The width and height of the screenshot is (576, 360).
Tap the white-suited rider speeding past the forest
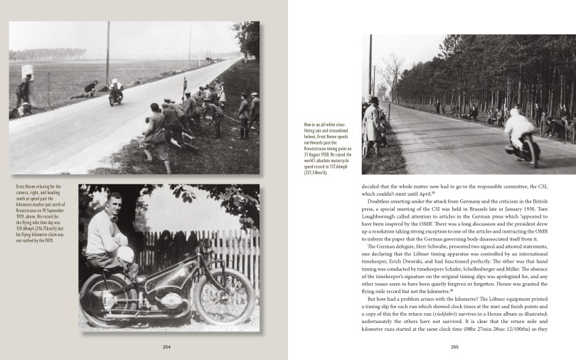click(522, 137)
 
